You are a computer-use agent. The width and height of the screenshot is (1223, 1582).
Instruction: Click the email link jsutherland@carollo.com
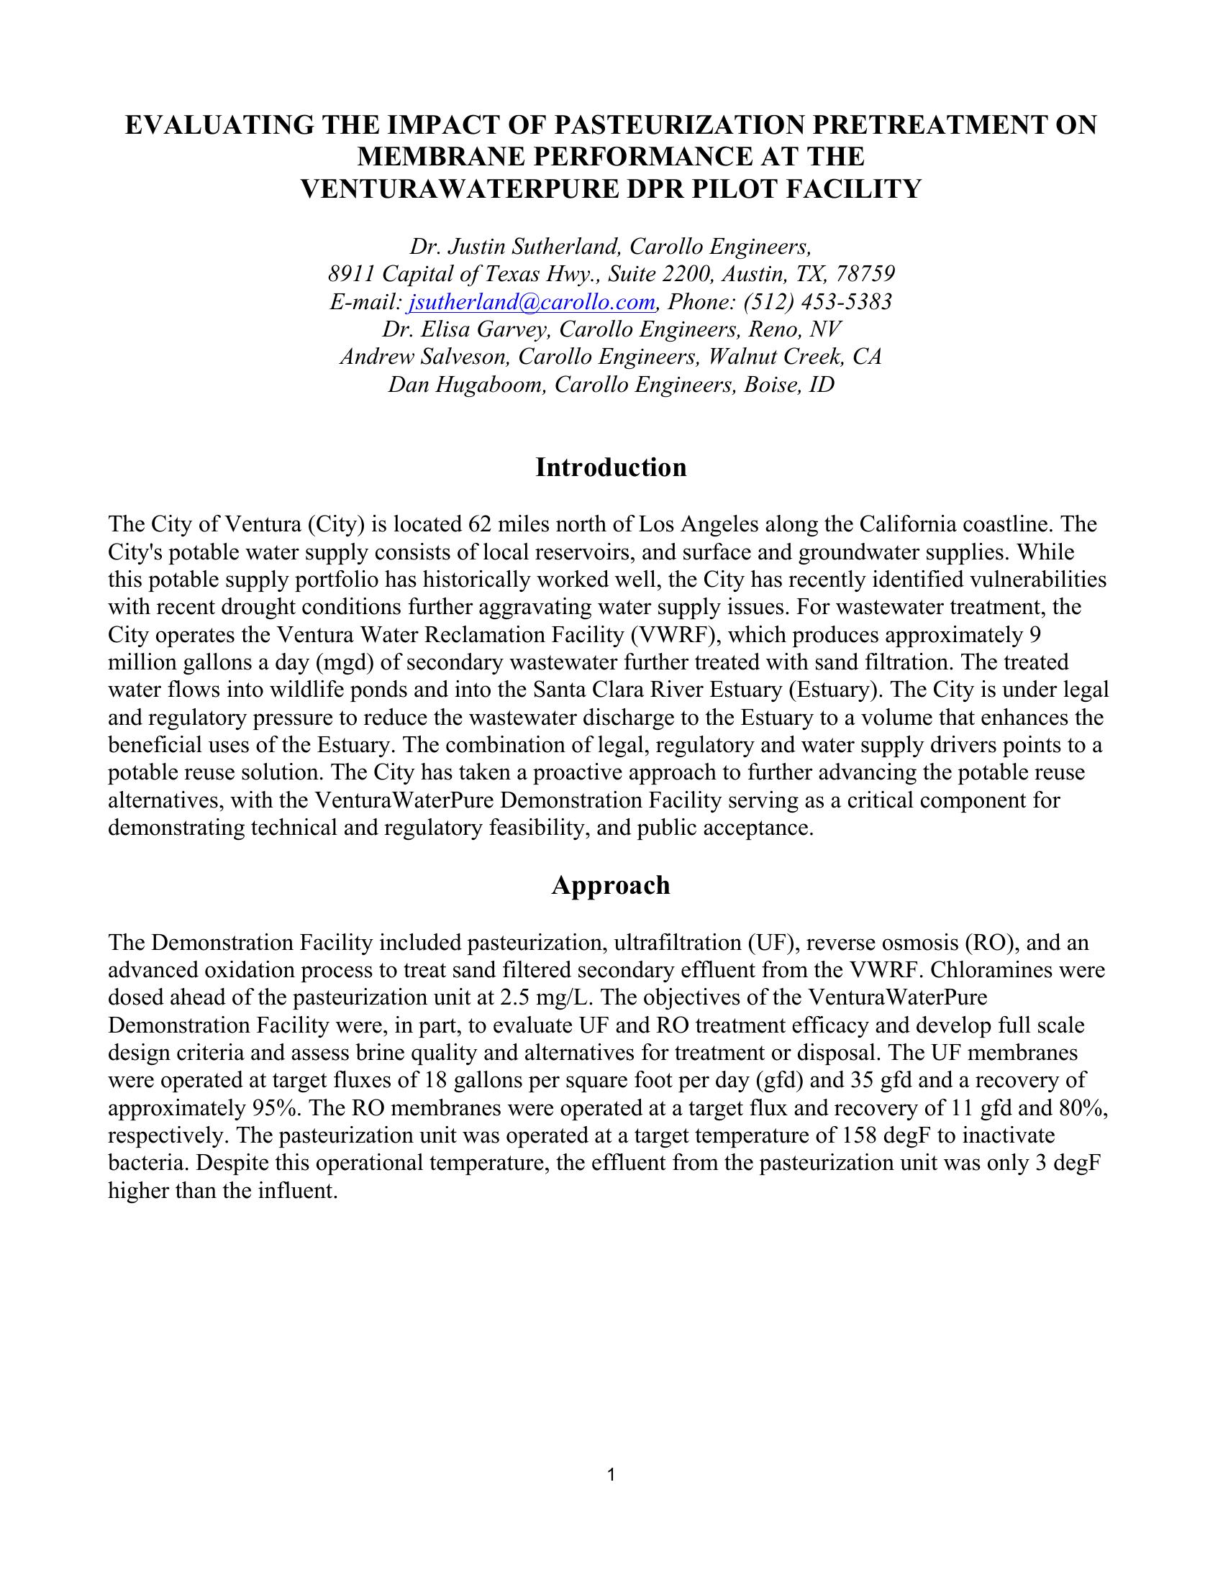point(532,302)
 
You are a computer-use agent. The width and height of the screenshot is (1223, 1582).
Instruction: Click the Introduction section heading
point(611,468)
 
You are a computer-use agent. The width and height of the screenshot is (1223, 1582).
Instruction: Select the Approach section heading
point(611,885)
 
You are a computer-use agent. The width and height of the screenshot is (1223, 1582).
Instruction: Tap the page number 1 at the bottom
point(611,1475)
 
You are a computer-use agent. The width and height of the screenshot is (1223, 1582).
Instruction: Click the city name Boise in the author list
point(773,385)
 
